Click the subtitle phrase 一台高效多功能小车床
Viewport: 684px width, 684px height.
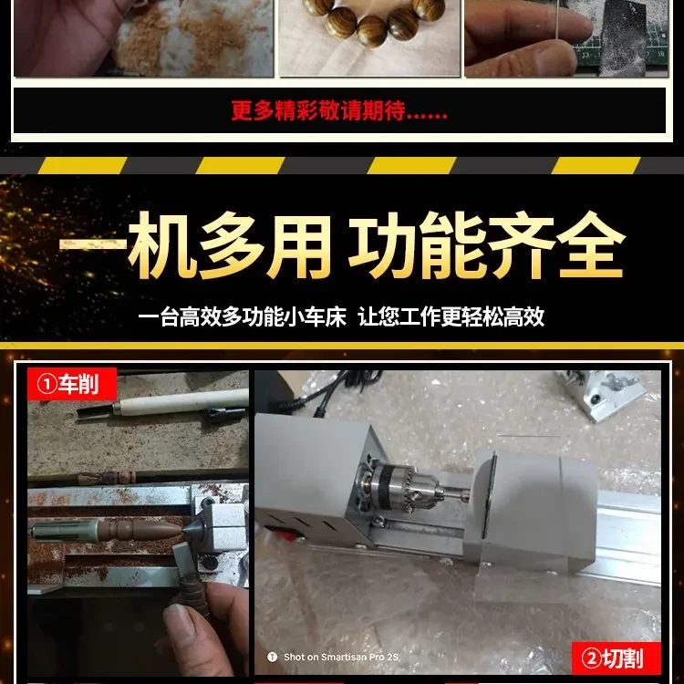[x=243, y=317]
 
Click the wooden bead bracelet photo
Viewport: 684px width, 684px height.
[x=369, y=36]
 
